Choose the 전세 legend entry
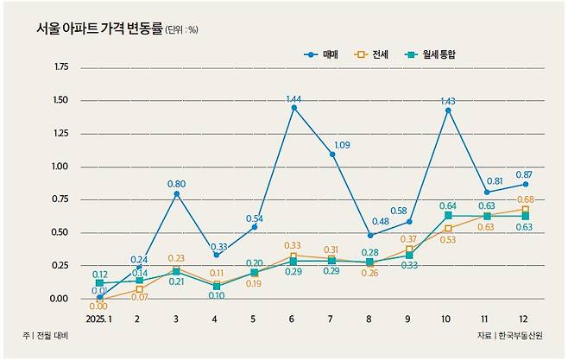pos(383,54)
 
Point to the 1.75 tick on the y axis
pos(61,67)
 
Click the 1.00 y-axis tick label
pos(61,167)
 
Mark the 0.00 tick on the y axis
pos(61,299)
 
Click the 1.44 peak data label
pos(294,99)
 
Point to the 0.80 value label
pos(176,183)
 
